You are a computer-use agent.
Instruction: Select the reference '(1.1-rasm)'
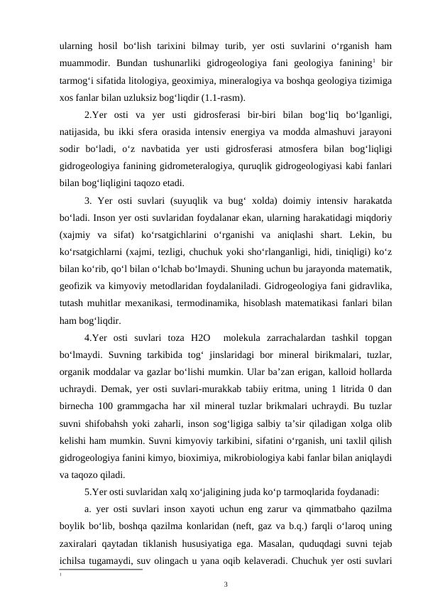coord(204,96)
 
